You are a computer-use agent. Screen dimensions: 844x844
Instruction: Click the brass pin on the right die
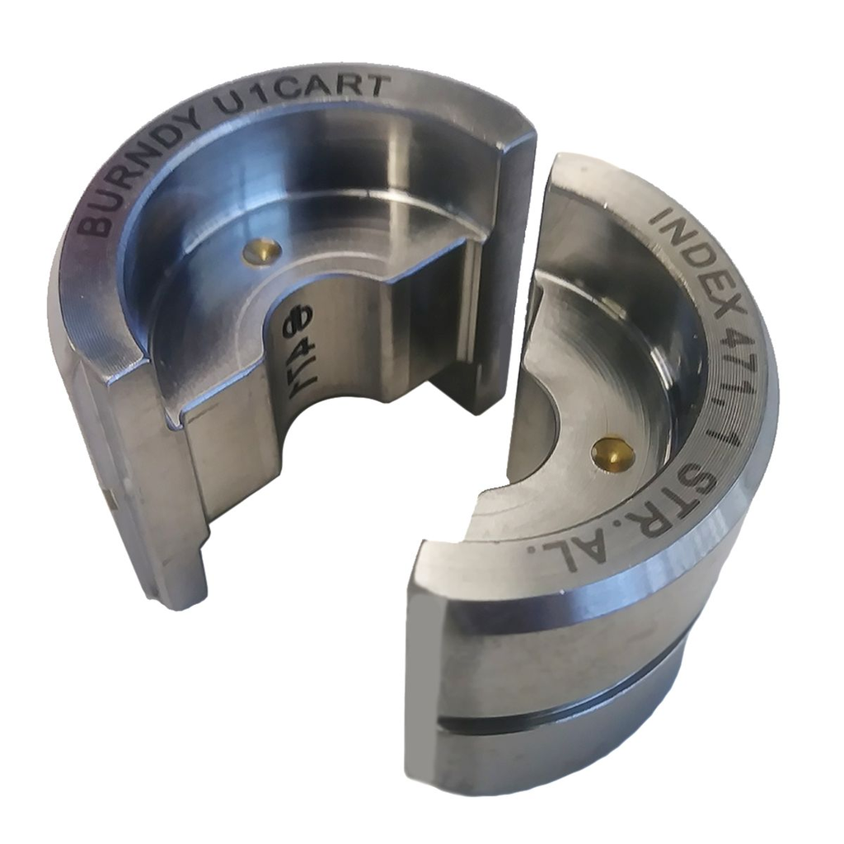click(x=614, y=452)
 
